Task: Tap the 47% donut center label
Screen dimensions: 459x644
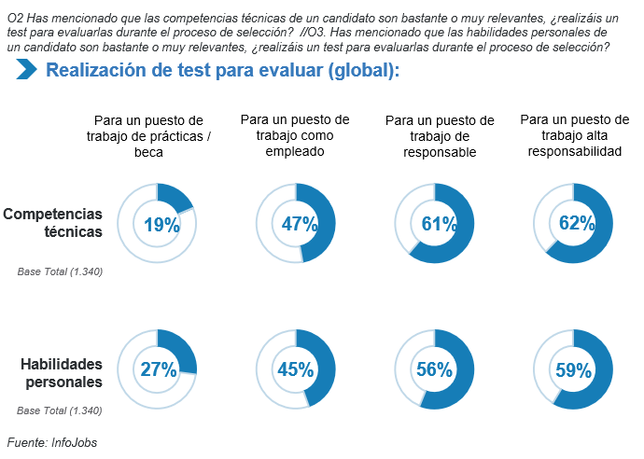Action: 299,224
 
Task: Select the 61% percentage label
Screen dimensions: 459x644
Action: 438,224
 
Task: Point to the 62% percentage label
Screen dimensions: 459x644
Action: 576,224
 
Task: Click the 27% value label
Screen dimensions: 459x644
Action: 158,369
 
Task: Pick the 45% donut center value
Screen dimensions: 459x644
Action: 295,369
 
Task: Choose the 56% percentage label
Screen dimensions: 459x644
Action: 434,369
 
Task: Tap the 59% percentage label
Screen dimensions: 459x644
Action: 574,369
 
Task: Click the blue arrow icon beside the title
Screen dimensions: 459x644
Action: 26,69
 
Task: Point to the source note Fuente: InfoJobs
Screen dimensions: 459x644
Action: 52,442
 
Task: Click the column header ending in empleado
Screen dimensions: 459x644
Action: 295,135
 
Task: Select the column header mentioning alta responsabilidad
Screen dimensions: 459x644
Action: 575,135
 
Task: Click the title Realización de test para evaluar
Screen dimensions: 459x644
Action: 222,70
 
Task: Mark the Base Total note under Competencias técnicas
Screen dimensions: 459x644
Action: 60,271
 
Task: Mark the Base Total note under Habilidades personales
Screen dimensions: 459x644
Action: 60,410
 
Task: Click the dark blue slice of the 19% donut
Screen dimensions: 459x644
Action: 175,196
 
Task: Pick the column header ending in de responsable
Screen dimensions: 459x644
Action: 440,136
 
